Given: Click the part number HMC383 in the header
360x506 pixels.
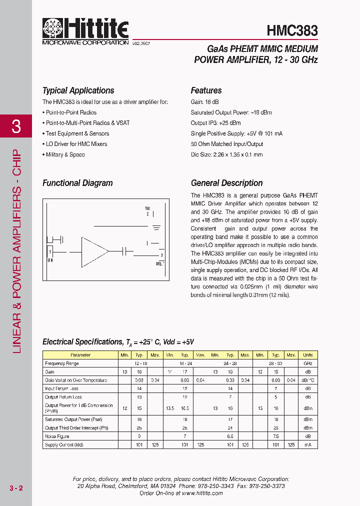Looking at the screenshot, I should [292, 30].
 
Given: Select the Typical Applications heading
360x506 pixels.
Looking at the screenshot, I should [78, 90].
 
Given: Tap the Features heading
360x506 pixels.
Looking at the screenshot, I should [206, 90].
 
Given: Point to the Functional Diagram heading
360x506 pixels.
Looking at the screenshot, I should [77, 183].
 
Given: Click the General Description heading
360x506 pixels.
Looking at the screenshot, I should [226, 183].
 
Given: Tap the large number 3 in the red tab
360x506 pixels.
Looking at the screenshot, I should [16, 127].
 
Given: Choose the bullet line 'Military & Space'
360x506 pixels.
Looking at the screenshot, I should [65, 154].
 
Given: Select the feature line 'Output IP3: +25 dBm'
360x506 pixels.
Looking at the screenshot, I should [215, 123].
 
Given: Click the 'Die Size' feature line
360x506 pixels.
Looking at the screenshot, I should [226, 154].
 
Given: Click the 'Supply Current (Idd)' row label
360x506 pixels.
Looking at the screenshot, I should [64, 444].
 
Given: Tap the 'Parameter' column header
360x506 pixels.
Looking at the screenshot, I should [80, 355].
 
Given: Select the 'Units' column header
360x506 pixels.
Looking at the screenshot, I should [307, 355].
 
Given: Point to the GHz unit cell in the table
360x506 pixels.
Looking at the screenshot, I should [307, 363].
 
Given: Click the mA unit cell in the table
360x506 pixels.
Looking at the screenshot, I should [307, 444].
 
